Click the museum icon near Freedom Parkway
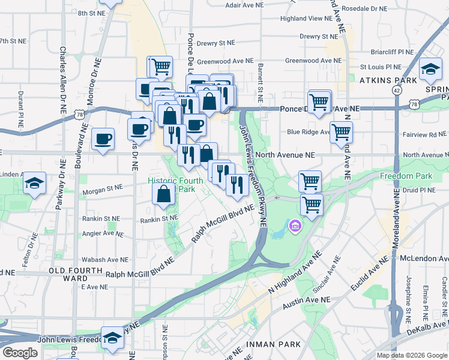[x=295, y=226]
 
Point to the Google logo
[x=20, y=353]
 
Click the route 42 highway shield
[x=397, y=89]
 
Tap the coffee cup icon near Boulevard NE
[x=103, y=139]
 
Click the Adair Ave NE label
[x=245, y=5]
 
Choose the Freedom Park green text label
[x=406, y=176]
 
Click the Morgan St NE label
[x=102, y=187]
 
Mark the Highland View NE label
[x=306, y=19]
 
